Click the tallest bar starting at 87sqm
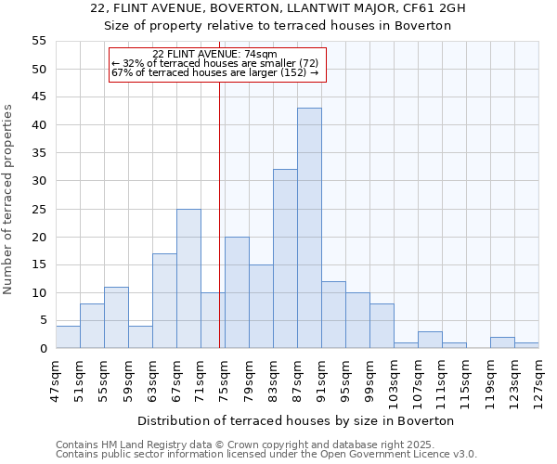point(309,228)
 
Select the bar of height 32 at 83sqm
point(285,259)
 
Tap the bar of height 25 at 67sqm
point(188,278)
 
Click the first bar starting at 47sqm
point(68,337)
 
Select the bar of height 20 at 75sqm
point(237,292)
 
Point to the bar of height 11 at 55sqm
point(116,317)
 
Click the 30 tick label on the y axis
point(38,181)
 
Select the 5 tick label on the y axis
point(42,321)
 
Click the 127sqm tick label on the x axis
point(538,382)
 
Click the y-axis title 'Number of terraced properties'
point(8,200)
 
